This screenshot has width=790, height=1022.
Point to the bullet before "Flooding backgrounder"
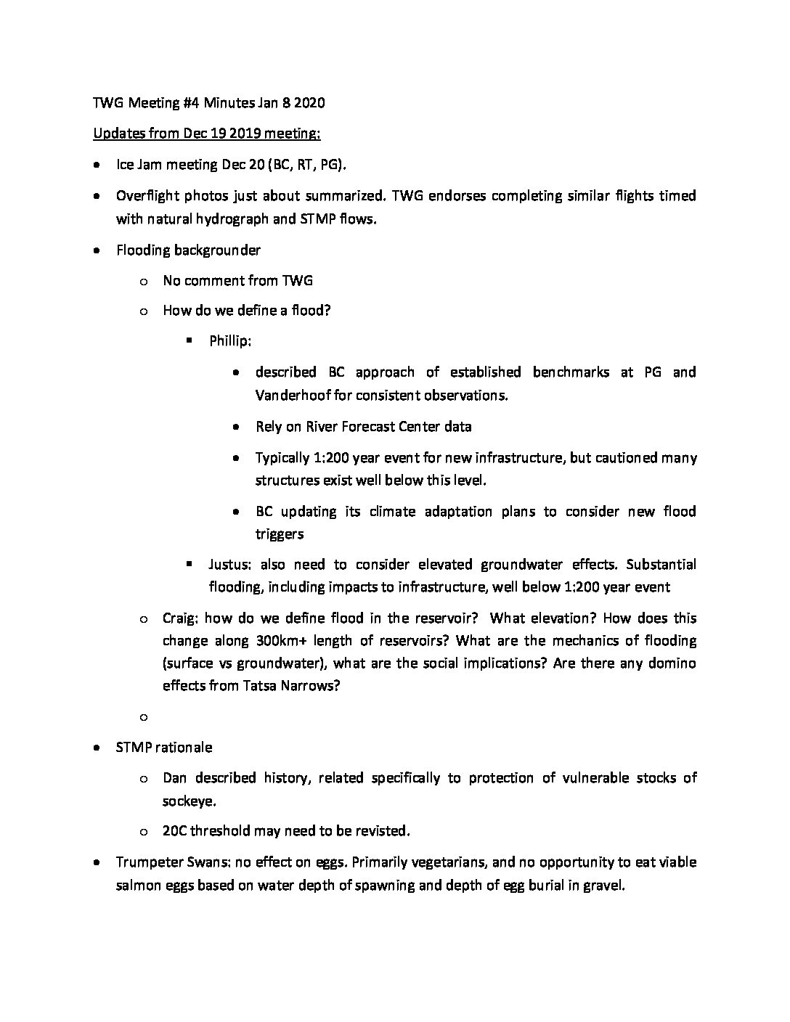point(97,250)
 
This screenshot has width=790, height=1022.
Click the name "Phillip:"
point(230,341)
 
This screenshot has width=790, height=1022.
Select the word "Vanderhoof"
point(288,396)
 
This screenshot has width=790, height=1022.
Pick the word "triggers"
point(280,534)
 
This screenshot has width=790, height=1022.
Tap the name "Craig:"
point(181,618)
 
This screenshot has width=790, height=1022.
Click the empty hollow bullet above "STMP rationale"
point(143,717)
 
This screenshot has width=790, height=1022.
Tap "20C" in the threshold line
point(175,831)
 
